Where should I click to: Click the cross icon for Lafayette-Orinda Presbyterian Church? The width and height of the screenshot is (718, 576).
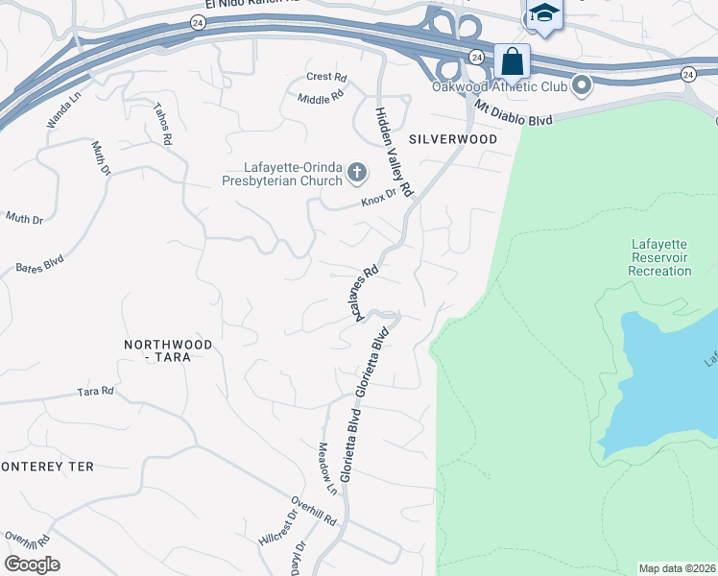tap(357, 173)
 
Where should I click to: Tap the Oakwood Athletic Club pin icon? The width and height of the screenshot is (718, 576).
tap(581, 87)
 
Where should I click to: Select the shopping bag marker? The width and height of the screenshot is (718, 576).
tap(513, 61)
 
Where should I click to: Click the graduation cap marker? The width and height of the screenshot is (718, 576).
tap(544, 13)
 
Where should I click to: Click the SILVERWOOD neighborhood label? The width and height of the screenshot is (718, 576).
tap(453, 139)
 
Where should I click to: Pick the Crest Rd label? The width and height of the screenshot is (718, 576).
tap(325, 77)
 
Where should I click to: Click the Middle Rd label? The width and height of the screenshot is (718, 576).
tap(320, 98)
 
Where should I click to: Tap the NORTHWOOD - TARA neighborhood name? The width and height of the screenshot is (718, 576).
tap(167, 349)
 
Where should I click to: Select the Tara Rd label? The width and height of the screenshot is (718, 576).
tap(95, 392)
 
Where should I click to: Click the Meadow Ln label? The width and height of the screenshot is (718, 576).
tap(327, 468)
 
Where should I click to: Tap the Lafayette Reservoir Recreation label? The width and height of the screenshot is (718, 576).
tap(659, 257)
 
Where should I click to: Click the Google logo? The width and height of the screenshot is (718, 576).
tap(33, 564)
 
